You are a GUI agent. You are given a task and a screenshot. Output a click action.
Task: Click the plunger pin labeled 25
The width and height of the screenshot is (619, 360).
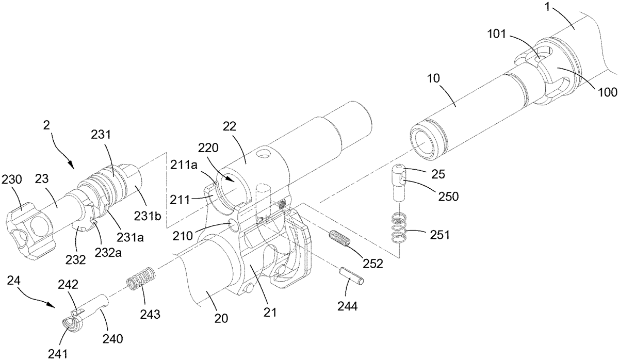399,183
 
